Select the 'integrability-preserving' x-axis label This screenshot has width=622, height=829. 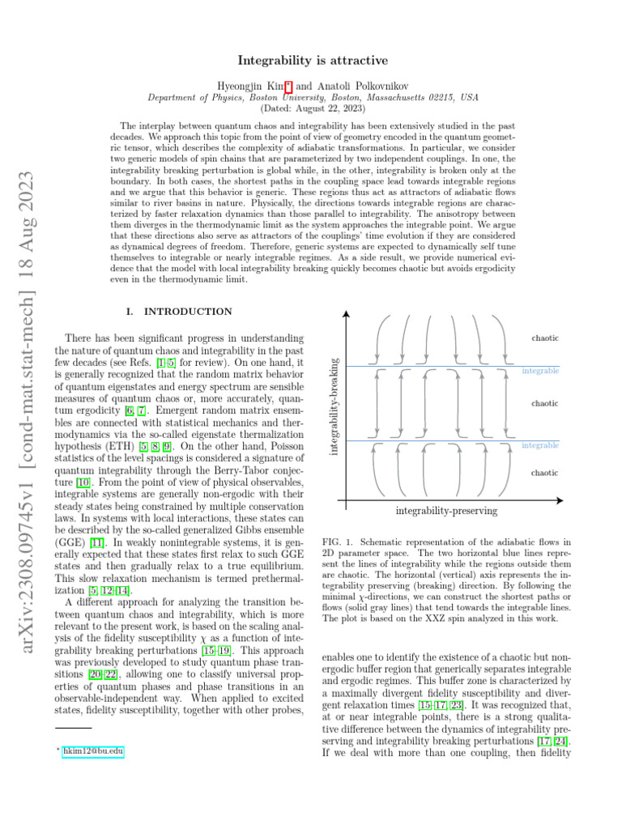tap(446, 511)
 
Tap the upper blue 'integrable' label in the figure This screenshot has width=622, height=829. tap(539, 371)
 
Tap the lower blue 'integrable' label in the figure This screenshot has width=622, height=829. tap(539, 446)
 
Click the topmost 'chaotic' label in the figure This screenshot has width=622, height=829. tap(544, 337)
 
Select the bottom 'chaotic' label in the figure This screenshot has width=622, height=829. tap(544, 472)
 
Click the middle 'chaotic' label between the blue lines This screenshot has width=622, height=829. tap(544, 402)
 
